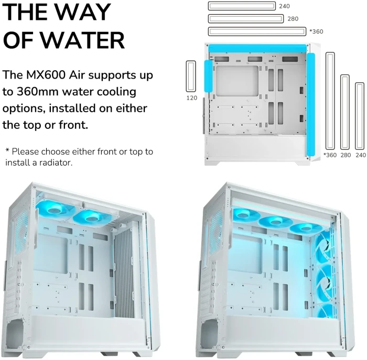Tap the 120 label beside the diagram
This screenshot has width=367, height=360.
coord(191,97)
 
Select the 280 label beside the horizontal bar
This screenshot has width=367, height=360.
coord(293,19)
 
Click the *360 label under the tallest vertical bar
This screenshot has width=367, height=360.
coord(330,155)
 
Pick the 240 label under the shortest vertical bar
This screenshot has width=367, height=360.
coord(360,155)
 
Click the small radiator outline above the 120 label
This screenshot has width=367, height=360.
coord(191,77)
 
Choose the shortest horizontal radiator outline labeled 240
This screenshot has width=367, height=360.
coord(242,6)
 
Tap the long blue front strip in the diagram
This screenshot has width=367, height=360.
coord(311,104)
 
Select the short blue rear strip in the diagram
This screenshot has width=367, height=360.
coord(208,77)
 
